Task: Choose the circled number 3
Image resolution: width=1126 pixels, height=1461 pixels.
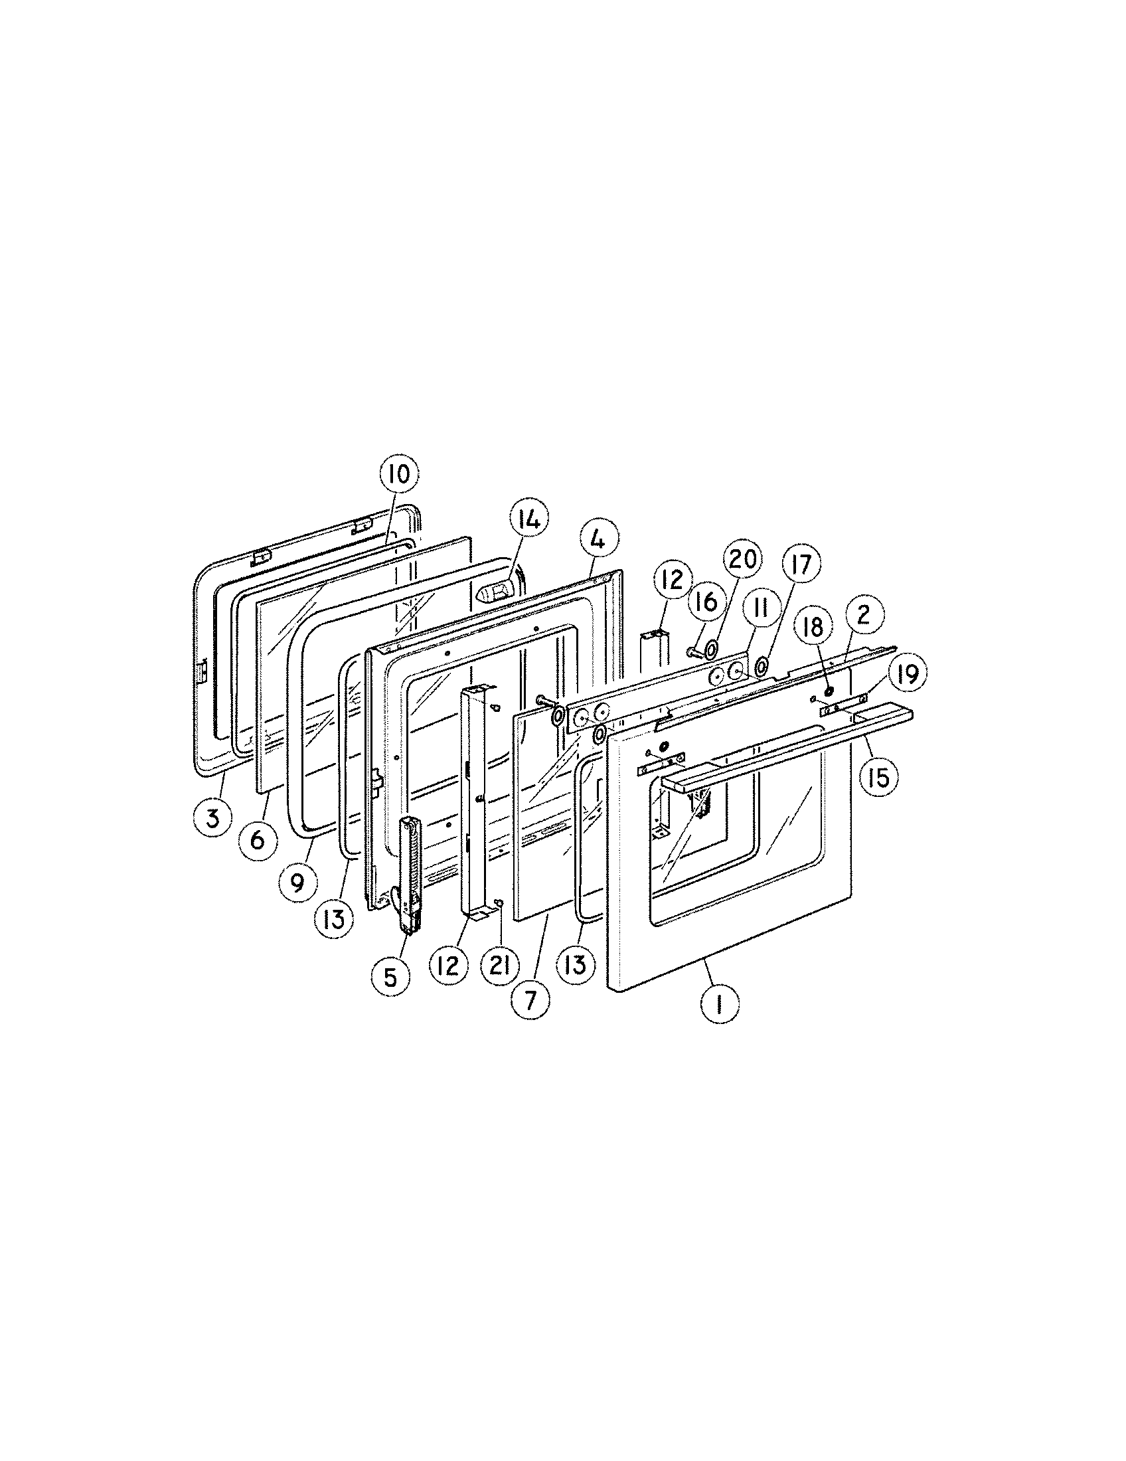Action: pos(212,817)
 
